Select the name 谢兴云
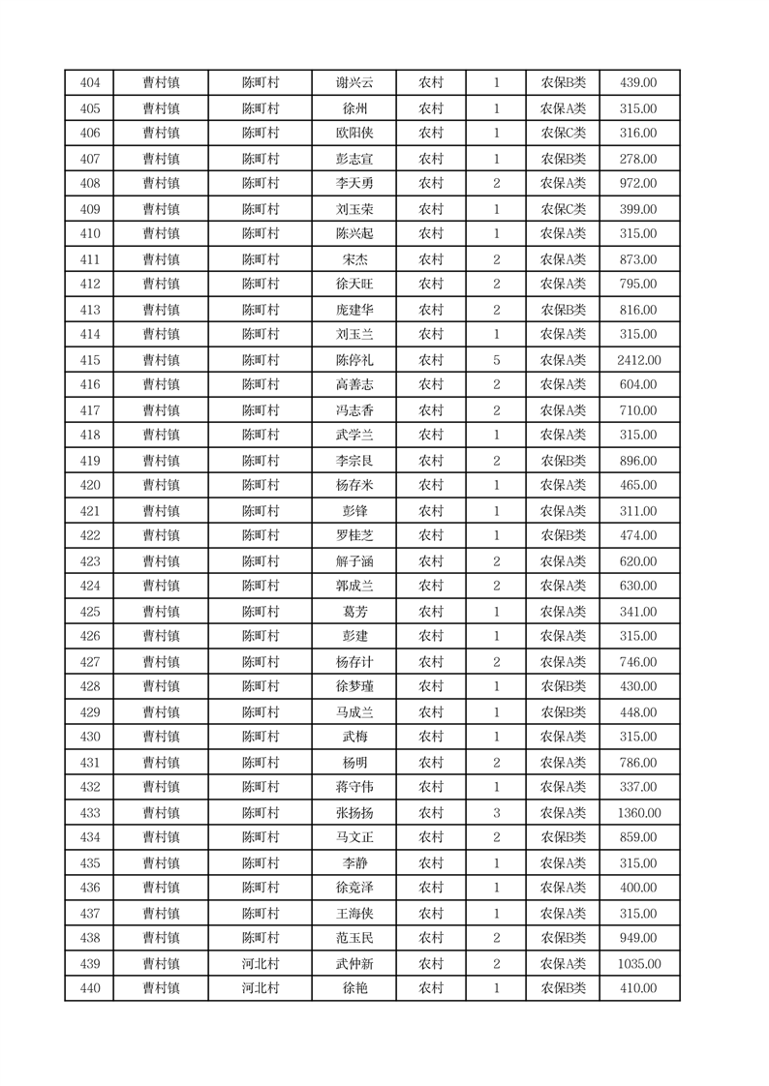point(354,83)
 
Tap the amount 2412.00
point(638,360)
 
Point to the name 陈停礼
point(354,360)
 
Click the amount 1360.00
point(638,813)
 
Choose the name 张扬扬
point(354,813)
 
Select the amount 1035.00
point(638,964)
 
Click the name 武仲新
point(354,964)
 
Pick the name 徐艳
point(354,988)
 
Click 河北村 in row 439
point(260,964)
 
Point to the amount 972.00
point(638,183)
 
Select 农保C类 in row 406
point(563,134)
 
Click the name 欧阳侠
point(354,134)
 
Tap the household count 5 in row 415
point(496,360)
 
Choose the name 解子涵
point(354,561)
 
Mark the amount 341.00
point(638,612)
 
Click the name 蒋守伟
point(354,788)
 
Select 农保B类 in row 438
point(563,938)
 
